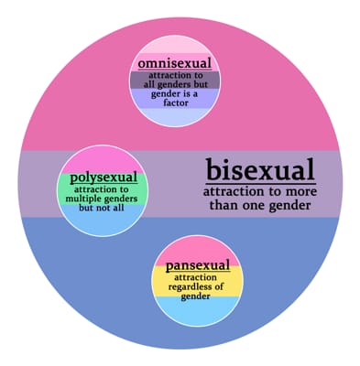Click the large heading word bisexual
click(x=260, y=169)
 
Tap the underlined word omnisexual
click(x=174, y=63)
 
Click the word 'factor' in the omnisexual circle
click(x=174, y=106)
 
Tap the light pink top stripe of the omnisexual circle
click(x=174, y=46)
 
